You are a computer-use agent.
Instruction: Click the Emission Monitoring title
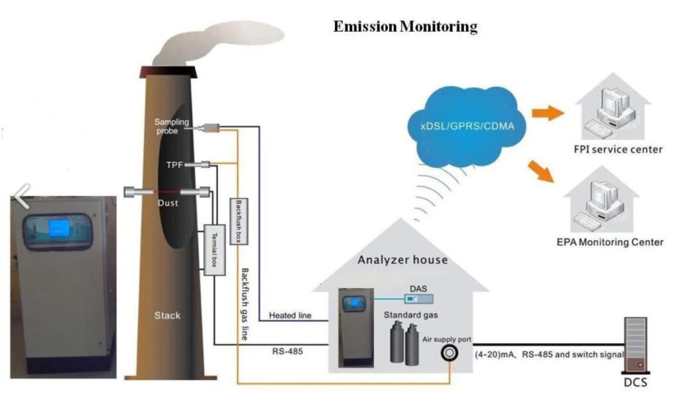405,27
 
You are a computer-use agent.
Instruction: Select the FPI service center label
618,149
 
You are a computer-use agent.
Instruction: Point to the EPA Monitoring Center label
610,241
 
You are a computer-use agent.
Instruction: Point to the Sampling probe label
172,126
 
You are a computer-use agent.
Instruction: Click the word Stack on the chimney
167,315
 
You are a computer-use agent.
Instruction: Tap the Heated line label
290,315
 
